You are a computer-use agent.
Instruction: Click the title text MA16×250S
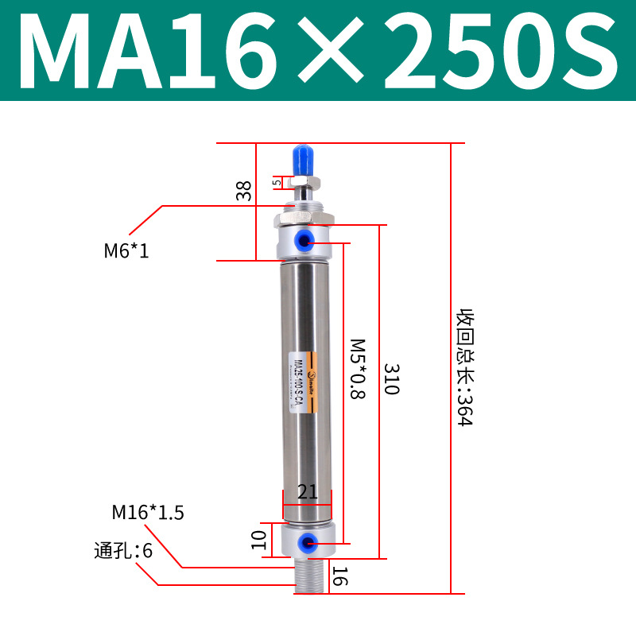pos(318,52)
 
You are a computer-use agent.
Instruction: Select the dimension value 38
pos(244,190)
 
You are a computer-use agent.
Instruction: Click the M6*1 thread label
pos(126,252)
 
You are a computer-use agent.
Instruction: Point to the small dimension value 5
pos(277,182)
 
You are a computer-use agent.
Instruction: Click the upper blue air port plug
pos(304,239)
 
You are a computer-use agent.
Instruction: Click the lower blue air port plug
pos(304,543)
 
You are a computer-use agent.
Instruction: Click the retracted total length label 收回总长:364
pos(464,367)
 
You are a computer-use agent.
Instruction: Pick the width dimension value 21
pos(307,493)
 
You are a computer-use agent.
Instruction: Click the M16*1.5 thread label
pos(148,513)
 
